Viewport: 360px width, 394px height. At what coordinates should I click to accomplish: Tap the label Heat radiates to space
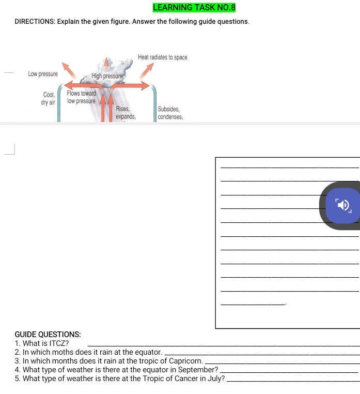point(162,57)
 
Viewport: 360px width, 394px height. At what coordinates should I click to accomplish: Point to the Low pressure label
point(43,74)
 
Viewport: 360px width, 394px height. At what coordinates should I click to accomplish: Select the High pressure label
point(107,77)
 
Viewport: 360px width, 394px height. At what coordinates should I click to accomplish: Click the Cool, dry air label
point(48,99)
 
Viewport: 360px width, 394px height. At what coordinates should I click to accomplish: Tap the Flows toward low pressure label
point(81,97)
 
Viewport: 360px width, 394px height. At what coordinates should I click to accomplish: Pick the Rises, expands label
point(125,113)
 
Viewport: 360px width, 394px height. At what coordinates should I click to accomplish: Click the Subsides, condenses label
point(170,113)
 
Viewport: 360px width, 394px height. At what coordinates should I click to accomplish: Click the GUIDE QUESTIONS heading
point(48,335)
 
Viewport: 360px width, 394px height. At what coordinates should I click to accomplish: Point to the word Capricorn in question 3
point(186,361)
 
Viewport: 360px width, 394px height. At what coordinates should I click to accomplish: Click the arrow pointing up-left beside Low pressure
point(67,68)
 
